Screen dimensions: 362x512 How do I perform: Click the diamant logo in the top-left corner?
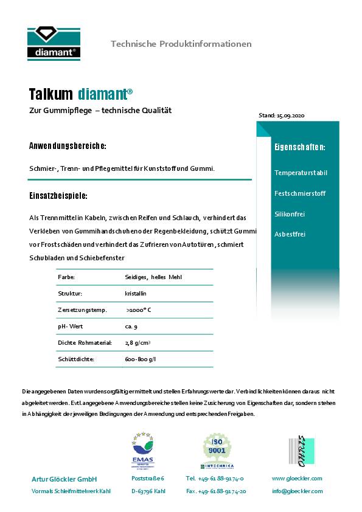(54, 43)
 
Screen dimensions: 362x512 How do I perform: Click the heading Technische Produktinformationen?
(181, 44)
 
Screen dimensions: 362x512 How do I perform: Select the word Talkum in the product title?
(50, 94)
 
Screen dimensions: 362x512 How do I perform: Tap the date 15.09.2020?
(290, 115)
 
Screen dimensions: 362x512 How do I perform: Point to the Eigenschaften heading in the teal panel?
(299, 147)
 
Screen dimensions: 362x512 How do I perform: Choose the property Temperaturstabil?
(301, 173)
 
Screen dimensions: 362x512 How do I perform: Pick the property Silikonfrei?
(290, 214)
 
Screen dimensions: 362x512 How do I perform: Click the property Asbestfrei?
(290, 234)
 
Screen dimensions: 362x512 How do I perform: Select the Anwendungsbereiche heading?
(68, 147)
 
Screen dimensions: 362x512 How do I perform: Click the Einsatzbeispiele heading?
(58, 196)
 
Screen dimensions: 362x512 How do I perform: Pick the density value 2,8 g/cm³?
(138, 343)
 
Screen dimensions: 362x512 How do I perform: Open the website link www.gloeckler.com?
(297, 479)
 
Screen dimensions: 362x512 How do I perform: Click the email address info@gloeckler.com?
(297, 491)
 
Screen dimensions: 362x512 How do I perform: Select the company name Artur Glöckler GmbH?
(64, 479)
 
